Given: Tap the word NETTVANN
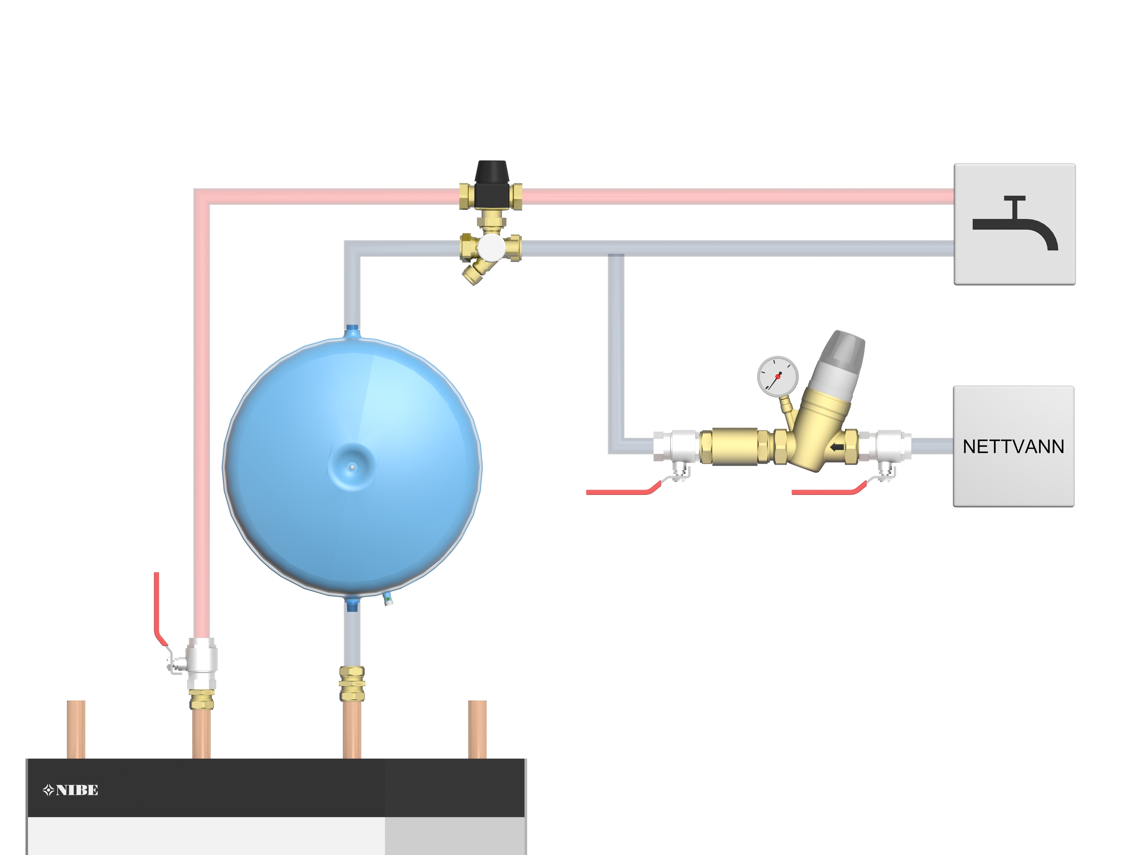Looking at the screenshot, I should [x=1013, y=447].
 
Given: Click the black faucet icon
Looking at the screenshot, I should [x=1014, y=224].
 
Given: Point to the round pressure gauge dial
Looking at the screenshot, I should [x=777, y=376].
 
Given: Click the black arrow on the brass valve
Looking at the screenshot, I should [x=837, y=447].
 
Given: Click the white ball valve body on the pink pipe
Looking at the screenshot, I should [x=202, y=662].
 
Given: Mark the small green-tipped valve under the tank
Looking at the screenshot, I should [x=388, y=599].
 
